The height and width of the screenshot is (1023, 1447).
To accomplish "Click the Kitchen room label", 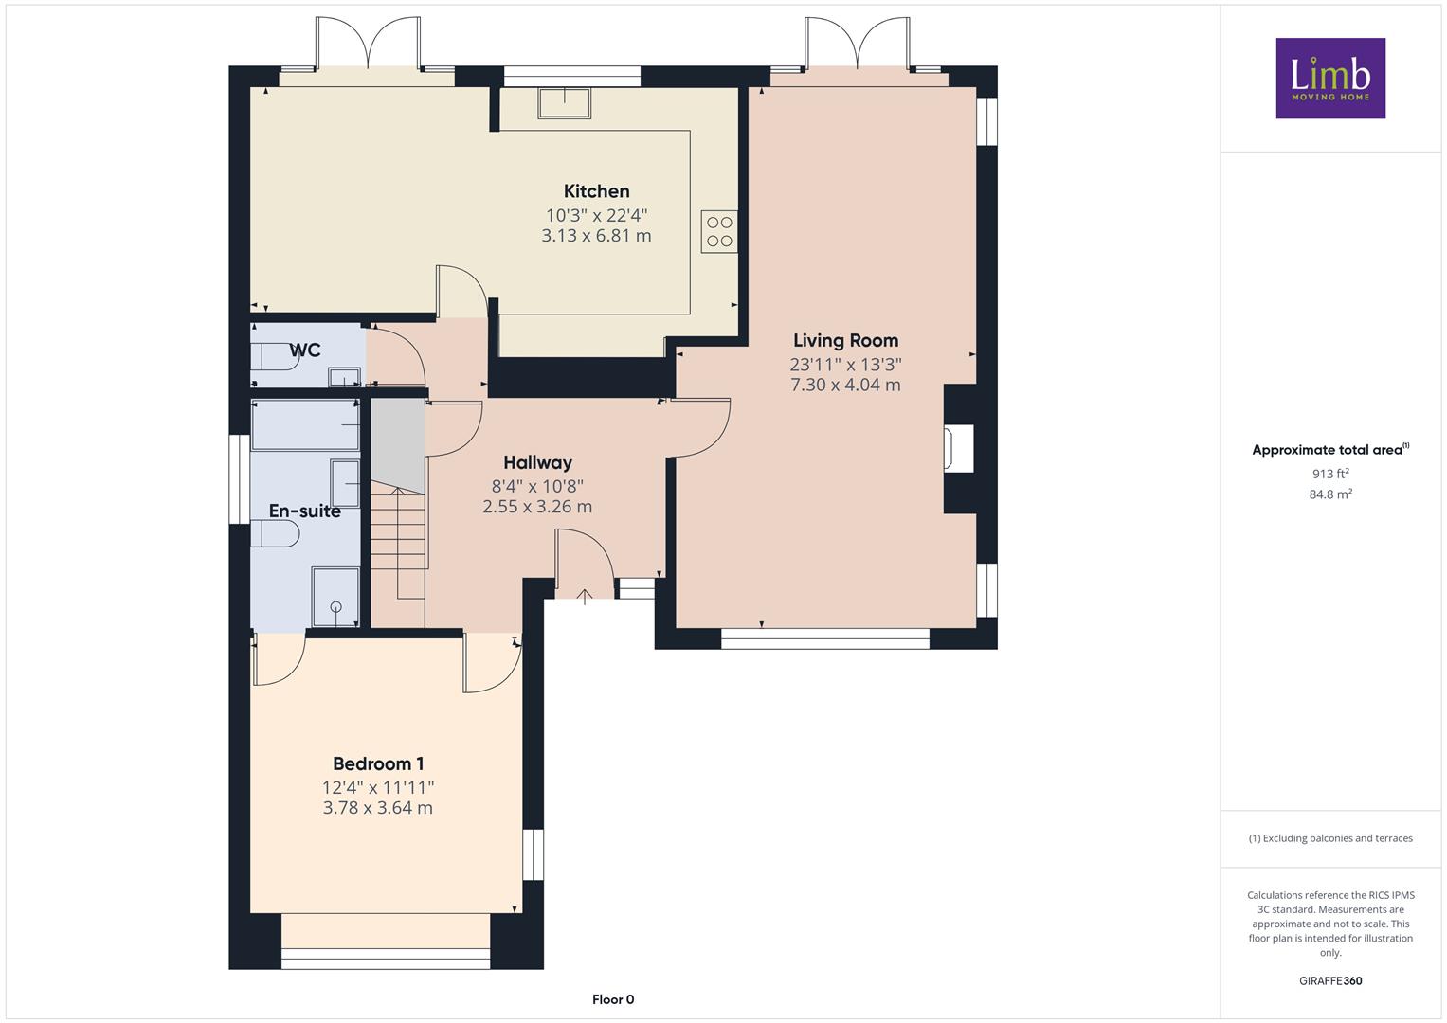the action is [596, 191].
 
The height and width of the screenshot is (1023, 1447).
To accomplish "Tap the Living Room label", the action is [845, 340].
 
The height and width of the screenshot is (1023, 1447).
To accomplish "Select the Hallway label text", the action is [537, 462].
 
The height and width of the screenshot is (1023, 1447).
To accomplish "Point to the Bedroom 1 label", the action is [378, 763].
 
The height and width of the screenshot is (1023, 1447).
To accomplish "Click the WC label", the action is [305, 350].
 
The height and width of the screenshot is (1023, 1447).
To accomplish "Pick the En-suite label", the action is [305, 511].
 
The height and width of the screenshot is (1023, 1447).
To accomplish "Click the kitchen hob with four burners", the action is [719, 232].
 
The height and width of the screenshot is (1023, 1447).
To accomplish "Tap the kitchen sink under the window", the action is [565, 103].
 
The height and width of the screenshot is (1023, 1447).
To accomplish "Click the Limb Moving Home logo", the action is [1330, 78].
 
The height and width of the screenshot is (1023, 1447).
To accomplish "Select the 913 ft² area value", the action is [1330, 474].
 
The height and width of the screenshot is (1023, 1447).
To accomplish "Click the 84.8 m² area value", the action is [1330, 494].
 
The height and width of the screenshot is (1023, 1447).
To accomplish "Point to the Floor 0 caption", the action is [613, 999].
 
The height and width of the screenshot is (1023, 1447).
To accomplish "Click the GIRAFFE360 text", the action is [1330, 980].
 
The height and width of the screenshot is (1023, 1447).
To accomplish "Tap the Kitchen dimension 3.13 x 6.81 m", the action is [596, 236].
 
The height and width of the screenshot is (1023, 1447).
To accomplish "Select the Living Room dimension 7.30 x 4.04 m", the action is [845, 385].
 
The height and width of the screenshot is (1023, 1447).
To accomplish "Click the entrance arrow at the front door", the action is [585, 597].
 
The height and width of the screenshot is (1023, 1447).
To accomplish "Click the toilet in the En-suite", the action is [275, 534].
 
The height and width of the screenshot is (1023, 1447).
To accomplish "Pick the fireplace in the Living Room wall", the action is [959, 448].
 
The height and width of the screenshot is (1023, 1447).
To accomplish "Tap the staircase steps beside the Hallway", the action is [398, 544].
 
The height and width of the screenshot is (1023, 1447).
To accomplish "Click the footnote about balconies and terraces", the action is [1330, 838].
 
